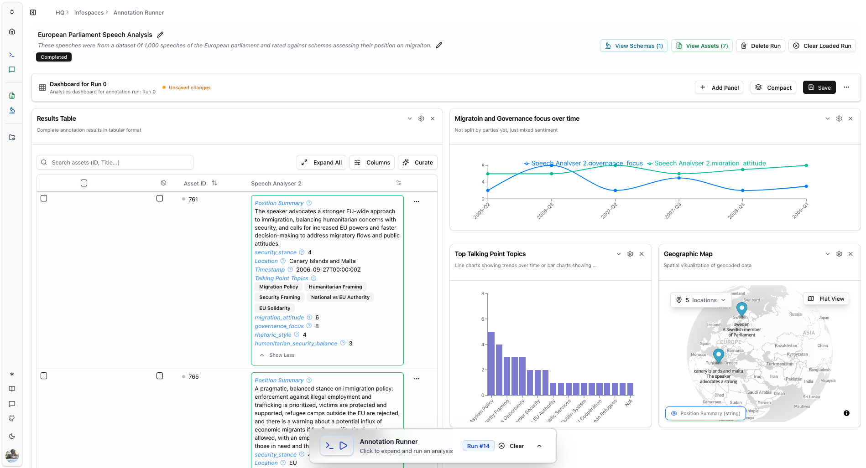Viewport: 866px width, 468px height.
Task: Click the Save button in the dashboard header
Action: tap(819, 87)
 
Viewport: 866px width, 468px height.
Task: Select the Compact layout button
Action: tap(773, 87)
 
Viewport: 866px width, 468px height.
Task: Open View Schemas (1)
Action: tap(634, 46)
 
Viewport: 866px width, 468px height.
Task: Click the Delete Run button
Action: tap(761, 46)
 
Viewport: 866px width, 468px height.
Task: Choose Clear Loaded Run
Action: tap(822, 46)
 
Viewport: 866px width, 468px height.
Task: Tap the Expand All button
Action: tap(322, 162)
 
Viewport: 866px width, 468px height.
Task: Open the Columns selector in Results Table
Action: tap(372, 162)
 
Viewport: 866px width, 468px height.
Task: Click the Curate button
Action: tap(418, 162)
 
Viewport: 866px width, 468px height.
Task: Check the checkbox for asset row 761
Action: tap(44, 198)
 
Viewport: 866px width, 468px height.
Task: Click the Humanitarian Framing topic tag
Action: tap(335, 287)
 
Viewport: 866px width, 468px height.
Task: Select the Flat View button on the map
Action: tap(826, 299)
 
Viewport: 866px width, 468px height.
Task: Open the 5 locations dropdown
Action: tap(698, 300)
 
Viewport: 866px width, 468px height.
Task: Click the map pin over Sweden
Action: tap(742, 309)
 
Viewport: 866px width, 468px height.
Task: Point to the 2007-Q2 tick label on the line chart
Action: tap(609, 211)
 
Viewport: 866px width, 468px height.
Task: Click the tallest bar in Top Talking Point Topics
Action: tap(491, 363)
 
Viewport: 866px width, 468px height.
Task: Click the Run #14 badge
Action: tap(478, 446)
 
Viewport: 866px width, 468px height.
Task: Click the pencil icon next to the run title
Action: tap(160, 35)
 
